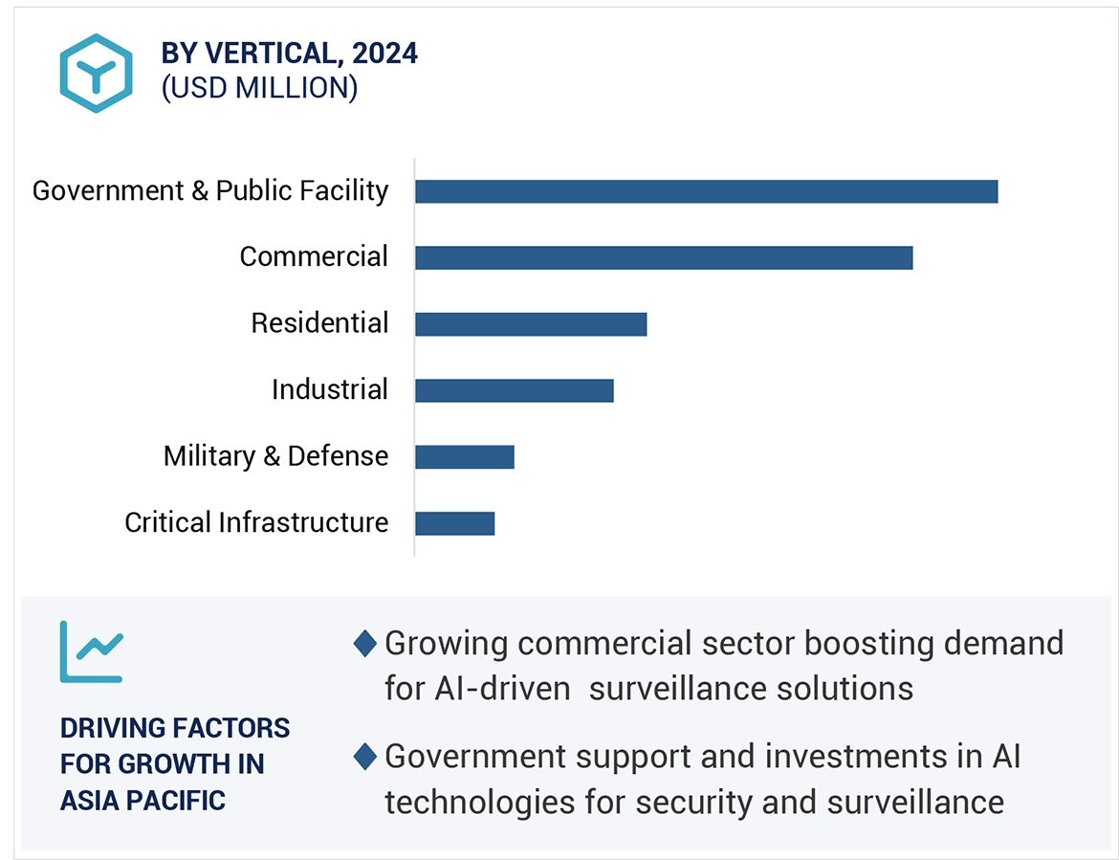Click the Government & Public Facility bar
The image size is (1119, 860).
[x=706, y=191]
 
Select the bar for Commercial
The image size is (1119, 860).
[x=664, y=257]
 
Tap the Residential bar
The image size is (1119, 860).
[x=531, y=324]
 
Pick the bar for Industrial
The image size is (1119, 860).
[x=514, y=390]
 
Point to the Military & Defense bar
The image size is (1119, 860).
[x=465, y=457]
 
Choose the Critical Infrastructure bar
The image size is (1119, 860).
[x=454, y=523]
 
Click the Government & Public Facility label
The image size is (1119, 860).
[x=210, y=191]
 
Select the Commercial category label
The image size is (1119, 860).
[x=314, y=257]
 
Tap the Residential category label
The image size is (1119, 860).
[x=319, y=323]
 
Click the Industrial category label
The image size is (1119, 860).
[x=330, y=390]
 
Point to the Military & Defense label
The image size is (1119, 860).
[x=275, y=456]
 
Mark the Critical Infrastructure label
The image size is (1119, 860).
[x=256, y=523]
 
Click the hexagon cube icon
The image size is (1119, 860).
[x=96, y=73]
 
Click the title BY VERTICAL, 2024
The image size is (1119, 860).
[x=290, y=54]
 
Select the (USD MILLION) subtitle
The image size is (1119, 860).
[x=259, y=88]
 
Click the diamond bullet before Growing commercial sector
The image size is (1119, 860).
[x=364, y=644]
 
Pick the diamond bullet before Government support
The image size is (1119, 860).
[x=364, y=758]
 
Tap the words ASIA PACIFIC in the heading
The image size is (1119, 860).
[x=143, y=800]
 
